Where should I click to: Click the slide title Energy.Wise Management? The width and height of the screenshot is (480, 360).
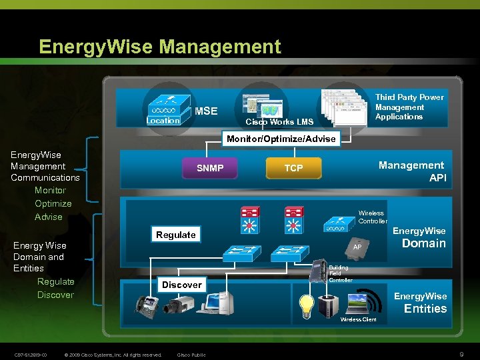click(160, 47)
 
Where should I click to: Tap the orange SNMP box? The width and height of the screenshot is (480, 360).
click(210, 168)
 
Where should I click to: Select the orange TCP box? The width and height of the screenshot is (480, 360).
click(293, 168)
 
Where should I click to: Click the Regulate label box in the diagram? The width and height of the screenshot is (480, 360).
click(175, 234)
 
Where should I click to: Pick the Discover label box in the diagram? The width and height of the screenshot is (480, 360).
click(181, 285)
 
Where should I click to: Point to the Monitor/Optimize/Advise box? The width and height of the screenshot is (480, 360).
click(281, 139)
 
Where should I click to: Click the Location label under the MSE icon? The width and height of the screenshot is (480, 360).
click(163, 121)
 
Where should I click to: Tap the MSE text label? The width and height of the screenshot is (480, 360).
click(207, 111)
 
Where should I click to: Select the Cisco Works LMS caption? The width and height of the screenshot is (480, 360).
click(280, 122)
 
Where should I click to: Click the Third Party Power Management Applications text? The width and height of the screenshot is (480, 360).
click(409, 107)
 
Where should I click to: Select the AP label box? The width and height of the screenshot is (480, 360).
click(357, 247)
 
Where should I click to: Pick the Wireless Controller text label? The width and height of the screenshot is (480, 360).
click(371, 217)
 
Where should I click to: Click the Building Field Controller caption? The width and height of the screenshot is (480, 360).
click(339, 273)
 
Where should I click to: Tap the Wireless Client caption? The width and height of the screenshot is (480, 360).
click(359, 320)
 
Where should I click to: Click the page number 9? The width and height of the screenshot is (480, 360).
click(461, 354)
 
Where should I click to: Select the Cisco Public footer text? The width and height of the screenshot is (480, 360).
click(191, 355)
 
